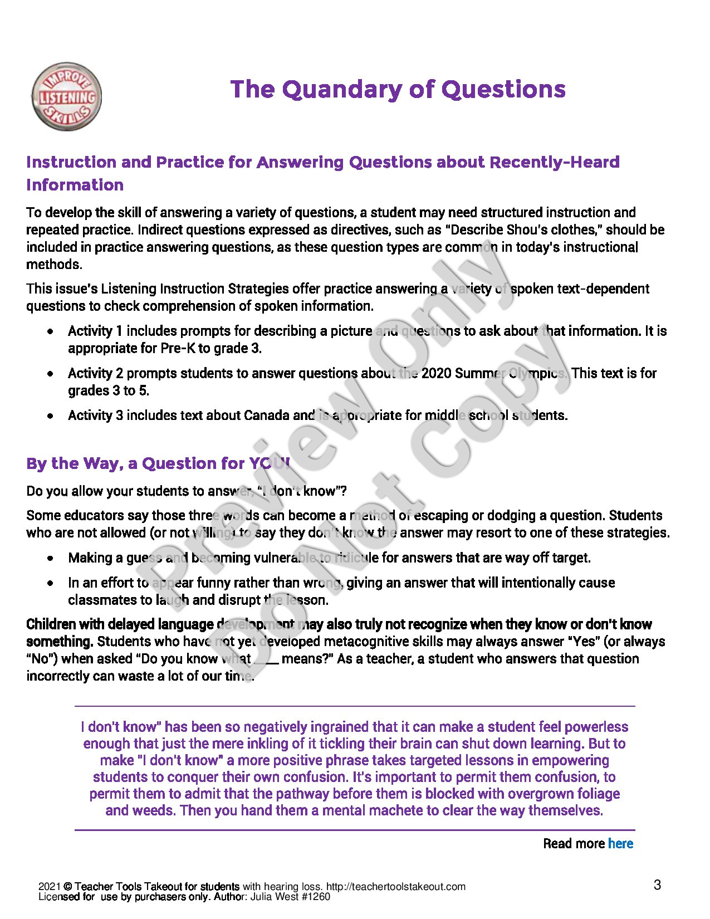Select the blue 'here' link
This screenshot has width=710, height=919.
point(620,844)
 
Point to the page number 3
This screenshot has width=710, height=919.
point(658,884)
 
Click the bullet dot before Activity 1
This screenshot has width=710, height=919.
point(51,331)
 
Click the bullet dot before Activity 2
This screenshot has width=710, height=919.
point(51,374)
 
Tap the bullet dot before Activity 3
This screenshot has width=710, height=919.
point(51,415)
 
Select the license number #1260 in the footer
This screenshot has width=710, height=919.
point(319,897)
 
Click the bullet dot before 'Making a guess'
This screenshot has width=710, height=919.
point(51,558)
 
